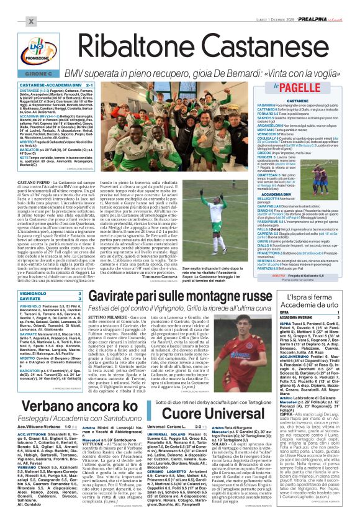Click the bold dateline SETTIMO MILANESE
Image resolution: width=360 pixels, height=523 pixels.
coord(106,317)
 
